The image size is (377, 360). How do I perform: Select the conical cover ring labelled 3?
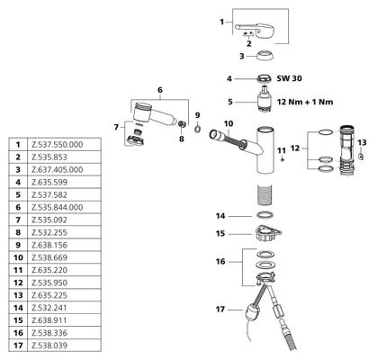(x=265, y=56)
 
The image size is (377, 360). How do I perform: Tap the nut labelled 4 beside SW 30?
(x=264, y=78)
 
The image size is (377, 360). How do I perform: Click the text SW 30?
(x=289, y=78)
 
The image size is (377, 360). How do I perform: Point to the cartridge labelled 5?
(x=265, y=100)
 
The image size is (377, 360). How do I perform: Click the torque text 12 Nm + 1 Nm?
(x=305, y=102)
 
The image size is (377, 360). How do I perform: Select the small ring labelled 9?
(x=197, y=129)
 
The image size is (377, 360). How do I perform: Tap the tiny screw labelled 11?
(x=282, y=159)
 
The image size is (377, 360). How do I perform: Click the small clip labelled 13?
(x=362, y=156)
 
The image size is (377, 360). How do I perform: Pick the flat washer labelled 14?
(x=265, y=215)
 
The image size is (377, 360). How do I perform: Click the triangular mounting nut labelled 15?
(x=267, y=233)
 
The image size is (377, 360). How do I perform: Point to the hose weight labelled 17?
(x=252, y=312)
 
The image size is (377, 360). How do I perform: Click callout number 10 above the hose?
(x=229, y=123)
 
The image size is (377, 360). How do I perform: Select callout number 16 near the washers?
(x=220, y=261)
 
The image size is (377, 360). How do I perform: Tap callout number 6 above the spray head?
(x=160, y=90)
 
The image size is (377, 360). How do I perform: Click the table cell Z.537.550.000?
(x=57, y=145)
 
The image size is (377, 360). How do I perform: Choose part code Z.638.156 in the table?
(x=49, y=245)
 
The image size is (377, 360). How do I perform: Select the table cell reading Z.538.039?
(x=49, y=346)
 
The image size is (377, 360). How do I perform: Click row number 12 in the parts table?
(x=18, y=283)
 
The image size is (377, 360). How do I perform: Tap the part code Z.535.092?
(x=49, y=220)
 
